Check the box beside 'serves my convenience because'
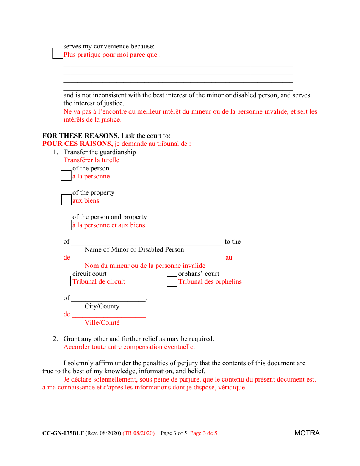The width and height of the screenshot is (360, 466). click(58, 53)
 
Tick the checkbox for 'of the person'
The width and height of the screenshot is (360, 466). click(66, 176)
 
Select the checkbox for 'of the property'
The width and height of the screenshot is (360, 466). click(66, 200)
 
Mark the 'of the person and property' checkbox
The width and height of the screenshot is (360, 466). click(66, 225)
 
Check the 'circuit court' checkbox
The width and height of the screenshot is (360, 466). click(66, 281)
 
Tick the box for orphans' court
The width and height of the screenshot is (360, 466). click(172, 281)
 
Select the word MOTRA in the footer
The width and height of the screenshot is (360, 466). click(307, 433)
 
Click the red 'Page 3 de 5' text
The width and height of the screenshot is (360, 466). click(203, 433)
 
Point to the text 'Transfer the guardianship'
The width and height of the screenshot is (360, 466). click(100, 152)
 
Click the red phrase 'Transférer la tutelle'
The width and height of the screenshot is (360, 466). click(91, 160)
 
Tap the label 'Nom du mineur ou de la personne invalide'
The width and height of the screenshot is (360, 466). click(145, 266)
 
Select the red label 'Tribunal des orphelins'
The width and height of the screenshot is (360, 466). click(210, 281)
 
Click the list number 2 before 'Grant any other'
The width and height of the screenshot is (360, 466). click(55, 339)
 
